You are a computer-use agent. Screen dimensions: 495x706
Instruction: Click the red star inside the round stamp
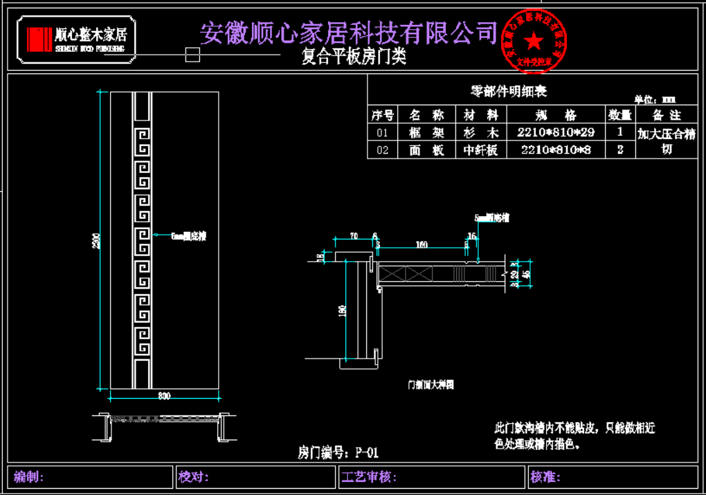coord(534,41)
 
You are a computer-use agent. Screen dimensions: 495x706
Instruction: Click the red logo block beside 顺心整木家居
coord(39,39)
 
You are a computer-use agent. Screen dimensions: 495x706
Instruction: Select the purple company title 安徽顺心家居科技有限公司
coord(349,32)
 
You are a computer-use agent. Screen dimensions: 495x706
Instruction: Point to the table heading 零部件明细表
coord(509,91)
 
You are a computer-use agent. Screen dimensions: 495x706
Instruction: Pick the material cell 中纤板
coord(481,150)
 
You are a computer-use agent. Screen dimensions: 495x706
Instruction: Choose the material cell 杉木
coord(481,132)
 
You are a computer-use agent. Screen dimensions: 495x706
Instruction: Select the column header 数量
coord(619,115)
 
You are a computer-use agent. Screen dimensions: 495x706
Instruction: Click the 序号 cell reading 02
coord(382,150)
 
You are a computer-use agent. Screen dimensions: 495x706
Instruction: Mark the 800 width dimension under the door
coord(164,396)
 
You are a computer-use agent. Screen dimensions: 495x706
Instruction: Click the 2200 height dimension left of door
coord(98,240)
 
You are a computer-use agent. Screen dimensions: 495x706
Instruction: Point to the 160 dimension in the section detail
coord(421,244)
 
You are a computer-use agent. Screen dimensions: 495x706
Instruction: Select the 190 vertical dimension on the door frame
coord(342,312)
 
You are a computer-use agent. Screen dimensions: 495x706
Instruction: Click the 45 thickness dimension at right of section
coord(527,274)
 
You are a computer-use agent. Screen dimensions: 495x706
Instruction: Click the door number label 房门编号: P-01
coord(338,453)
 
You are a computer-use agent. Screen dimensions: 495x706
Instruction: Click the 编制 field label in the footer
coord(29,476)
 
